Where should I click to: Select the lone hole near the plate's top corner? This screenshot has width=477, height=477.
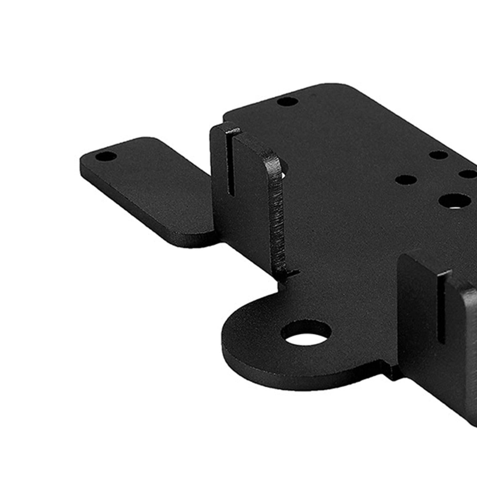click(287, 101)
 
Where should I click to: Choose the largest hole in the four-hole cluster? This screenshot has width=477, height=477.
click(454, 201)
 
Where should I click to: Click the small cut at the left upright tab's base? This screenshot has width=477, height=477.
click(290, 273)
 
